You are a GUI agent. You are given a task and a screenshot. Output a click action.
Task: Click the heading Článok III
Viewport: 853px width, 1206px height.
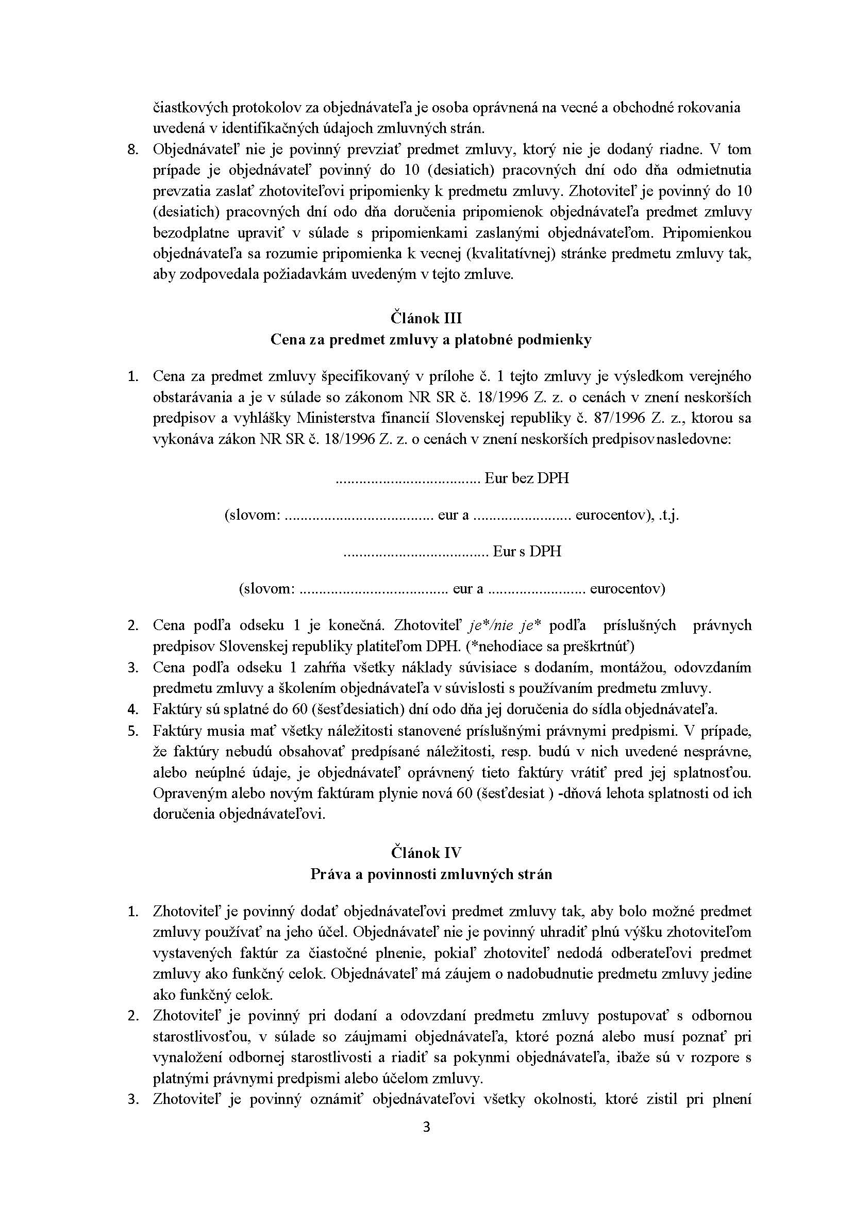click(x=426, y=319)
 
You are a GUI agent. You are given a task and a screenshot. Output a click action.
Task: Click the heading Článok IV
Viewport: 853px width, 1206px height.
click(x=426, y=852)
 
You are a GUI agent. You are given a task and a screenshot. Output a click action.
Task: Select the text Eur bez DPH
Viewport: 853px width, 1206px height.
click(x=526, y=478)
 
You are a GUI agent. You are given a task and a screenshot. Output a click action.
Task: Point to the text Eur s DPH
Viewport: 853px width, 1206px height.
click(x=527, y=551)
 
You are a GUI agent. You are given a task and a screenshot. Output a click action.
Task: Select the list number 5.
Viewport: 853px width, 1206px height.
click(x=133, y=731)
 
